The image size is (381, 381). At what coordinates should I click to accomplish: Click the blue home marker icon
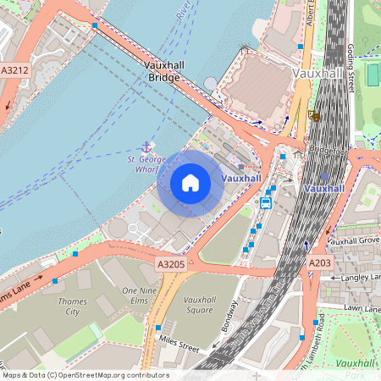tap(190, 183)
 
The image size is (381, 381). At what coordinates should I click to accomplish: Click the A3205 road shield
tap(170, 265)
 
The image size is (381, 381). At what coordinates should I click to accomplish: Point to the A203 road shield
tap(320, 264)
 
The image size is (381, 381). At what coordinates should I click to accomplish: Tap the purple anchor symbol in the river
tap(146, 147)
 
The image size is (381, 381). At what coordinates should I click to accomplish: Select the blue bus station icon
tap(266, 202)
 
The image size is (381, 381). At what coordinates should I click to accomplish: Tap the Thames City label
tap(73, 306)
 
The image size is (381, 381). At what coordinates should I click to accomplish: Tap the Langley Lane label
tap(357, 278)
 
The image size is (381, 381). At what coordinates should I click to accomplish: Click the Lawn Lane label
tap(361, 308)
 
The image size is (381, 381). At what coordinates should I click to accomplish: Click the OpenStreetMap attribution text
tap(85, 375)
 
